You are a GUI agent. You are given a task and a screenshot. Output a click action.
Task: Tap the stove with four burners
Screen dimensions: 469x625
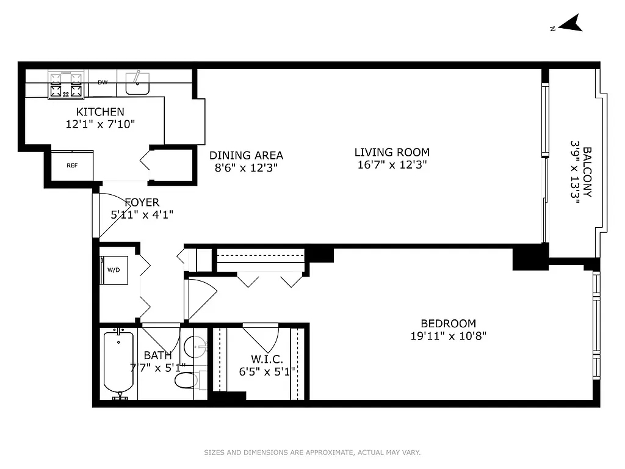point(66,85)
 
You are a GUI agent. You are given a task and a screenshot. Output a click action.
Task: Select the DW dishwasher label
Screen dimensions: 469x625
point(103,82)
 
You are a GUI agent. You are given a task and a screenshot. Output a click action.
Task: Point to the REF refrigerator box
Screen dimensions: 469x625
point(72,165)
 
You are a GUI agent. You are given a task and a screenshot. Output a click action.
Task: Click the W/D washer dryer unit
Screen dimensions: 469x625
point(114,269)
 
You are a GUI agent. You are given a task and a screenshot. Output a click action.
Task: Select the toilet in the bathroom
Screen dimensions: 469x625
point(186,380)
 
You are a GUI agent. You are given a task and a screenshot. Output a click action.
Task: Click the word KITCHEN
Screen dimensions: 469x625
point(100,112)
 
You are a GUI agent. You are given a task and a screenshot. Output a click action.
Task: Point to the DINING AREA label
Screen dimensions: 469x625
point(246,155)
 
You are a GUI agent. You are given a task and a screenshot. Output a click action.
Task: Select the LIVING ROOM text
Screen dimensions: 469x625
point(392,152)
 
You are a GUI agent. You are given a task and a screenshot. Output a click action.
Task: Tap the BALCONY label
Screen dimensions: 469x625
point(587,172)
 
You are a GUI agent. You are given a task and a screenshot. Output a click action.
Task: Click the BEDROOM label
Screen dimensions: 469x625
point(448,323)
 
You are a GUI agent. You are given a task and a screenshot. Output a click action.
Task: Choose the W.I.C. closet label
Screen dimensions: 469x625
point(266,358)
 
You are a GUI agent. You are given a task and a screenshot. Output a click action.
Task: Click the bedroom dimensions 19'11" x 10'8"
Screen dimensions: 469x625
point(448,335)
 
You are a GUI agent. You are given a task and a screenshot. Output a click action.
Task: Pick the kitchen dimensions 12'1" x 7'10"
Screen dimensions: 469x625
point(100,124)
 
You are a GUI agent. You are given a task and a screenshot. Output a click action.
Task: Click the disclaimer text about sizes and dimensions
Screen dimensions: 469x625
point(312,453)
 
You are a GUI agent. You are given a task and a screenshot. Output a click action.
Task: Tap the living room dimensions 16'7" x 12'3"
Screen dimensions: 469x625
point(392,164)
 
